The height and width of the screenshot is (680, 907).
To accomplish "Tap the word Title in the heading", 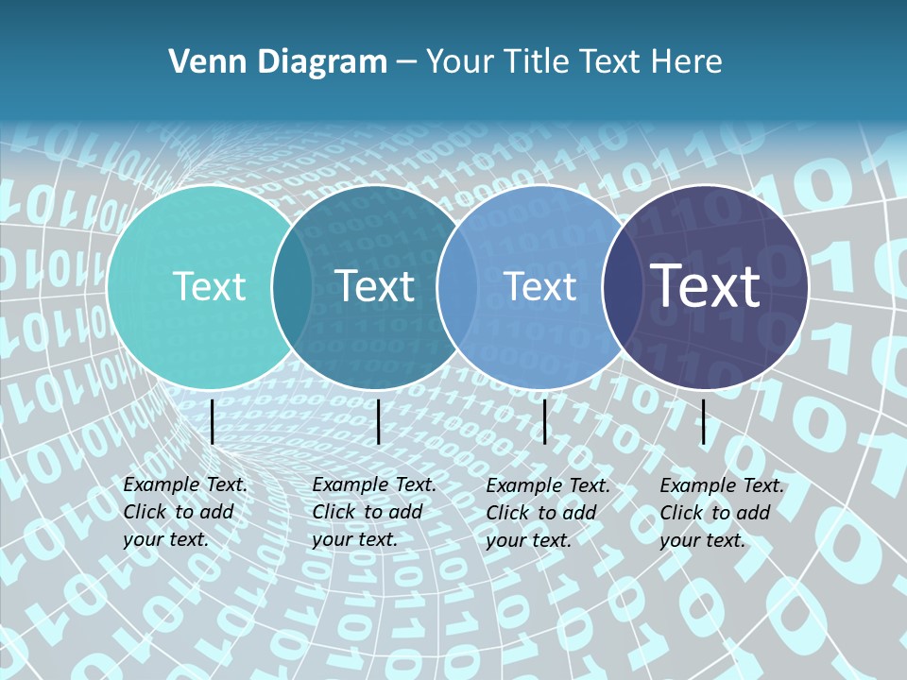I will (537, 62).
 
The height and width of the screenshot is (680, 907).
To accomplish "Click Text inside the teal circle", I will (209, 286).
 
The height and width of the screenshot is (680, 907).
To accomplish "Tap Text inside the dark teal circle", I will (375, 286).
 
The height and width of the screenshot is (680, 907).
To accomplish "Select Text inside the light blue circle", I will (540, 286).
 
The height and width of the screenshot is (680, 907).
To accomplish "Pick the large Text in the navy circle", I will (706, 286).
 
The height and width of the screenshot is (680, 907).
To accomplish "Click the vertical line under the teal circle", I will (213, 421).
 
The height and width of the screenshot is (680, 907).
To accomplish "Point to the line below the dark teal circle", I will (378, 421).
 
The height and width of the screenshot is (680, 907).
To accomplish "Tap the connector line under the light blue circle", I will (545, 421).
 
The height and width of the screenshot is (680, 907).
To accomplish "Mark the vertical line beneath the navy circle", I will (704, 421).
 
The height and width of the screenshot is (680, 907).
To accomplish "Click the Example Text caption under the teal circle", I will (184, 512).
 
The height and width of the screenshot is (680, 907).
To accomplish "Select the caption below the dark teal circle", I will (373, 512).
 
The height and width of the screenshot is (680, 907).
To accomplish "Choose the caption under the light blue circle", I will (547, 513).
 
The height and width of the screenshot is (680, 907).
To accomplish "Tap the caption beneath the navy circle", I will (721, 513).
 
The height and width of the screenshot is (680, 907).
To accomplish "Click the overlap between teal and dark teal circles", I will (292, 286).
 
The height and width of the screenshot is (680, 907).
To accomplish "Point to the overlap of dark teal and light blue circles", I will (457, 286).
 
